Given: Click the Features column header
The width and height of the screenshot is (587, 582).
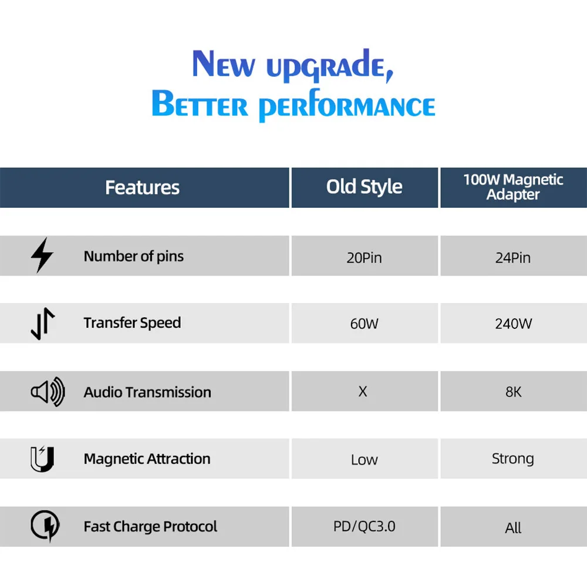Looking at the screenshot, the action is (x=142, y=187).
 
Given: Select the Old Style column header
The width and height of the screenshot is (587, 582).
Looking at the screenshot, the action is (x=365, y=187).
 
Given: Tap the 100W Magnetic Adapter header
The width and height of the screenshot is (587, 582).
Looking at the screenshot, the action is (x=513, y=187).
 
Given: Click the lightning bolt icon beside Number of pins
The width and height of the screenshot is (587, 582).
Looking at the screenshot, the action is (x=42, y=255).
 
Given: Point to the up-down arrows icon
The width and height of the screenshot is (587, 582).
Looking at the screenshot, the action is (x=43, y=324).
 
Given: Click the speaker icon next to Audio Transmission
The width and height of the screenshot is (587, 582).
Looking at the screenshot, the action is (x=48, y=392).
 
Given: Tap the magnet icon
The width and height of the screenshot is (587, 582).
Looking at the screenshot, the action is (x=42, y=459).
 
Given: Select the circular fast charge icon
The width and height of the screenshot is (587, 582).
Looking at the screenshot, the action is (x=45, y=526).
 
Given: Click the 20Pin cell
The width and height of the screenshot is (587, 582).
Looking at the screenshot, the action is (x=365, y=258).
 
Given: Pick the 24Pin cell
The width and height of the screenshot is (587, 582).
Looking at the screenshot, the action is (x=513, y=258).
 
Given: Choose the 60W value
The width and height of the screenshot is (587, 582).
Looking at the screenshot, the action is (x=365, y=324).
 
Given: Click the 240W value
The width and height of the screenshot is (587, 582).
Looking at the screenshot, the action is (x=513, y=324).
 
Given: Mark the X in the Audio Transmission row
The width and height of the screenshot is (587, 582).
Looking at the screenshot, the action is (x=363, y=391).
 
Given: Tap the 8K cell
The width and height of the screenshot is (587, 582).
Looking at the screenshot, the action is (x=513, y=392).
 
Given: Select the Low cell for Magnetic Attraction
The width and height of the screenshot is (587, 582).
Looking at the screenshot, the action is (x=365, y=459).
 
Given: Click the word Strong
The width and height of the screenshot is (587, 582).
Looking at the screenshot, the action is (x=513, y=459).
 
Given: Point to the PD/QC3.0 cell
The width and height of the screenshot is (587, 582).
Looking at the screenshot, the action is (x=365, y=526).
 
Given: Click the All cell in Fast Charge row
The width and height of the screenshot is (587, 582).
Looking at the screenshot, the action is (x=513, y=528).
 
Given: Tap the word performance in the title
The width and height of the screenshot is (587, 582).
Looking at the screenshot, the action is (x=347, y=106).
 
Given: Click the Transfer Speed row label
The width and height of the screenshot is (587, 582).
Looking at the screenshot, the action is (x=132, y=323).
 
